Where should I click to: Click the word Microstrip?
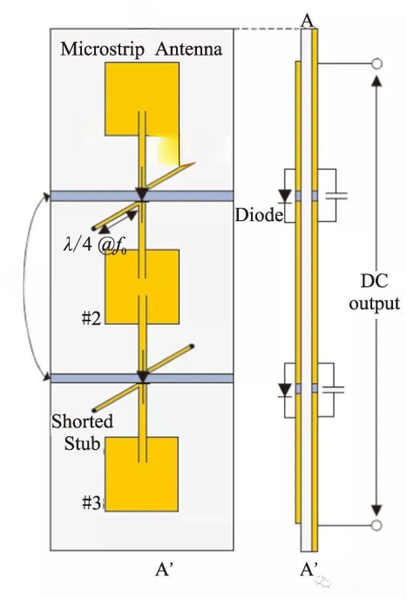102,49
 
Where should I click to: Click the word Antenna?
188,49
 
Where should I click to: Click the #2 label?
91,319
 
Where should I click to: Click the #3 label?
92,503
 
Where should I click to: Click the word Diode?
259,215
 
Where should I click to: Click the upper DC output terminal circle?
377,64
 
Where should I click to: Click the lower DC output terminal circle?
377,525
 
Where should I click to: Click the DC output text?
374,292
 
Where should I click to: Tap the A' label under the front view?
165,569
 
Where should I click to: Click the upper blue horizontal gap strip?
142,196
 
